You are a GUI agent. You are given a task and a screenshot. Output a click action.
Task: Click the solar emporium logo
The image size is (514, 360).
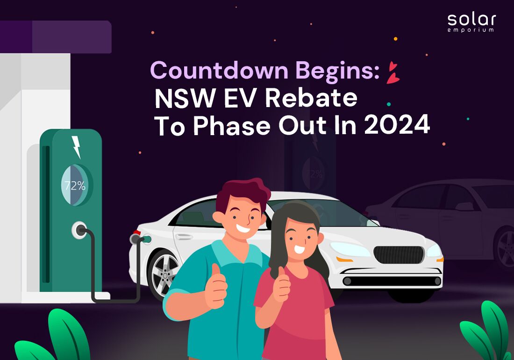471,22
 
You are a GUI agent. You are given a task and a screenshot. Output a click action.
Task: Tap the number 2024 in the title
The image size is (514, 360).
397,125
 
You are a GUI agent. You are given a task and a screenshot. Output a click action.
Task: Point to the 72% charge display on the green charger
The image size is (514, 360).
75,186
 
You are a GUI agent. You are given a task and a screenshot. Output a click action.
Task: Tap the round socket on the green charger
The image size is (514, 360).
79,230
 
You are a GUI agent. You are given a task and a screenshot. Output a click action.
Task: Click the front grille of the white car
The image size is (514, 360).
399,255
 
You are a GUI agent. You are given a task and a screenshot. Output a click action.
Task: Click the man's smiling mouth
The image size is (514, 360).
243,228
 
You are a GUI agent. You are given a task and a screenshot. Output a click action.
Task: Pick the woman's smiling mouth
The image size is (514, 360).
299,250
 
